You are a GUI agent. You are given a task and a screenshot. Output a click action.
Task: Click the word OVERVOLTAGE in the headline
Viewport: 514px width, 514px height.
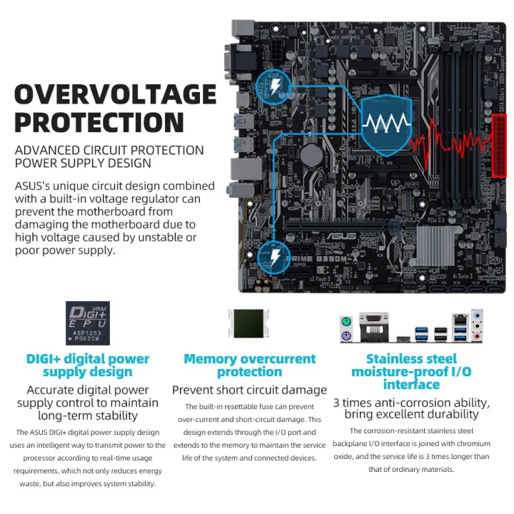click(x=115, y=94)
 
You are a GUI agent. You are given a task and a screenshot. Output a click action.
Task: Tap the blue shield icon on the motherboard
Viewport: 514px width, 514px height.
click(x=385, y=125)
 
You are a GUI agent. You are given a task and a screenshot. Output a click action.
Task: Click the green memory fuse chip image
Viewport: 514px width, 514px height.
click(x=250, y=324)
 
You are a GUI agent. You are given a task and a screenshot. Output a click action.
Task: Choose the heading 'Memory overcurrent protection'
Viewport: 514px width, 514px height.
click(x=249, y=365)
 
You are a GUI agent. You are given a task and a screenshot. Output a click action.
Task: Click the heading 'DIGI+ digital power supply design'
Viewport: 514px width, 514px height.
click(x=88, y=365)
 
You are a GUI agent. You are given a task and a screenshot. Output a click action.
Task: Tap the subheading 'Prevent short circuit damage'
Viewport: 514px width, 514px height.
click(x=249, y=390)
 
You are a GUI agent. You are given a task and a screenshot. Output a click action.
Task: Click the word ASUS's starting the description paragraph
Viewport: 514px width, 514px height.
click(x=35, y=186)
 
